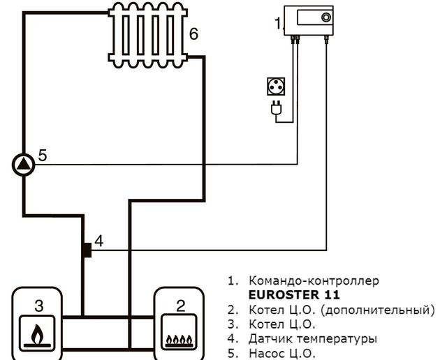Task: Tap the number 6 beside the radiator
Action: coord(193,34)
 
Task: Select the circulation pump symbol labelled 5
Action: coord(24,165)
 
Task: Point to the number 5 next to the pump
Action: coord(43,156)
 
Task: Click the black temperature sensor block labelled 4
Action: coord(87,249)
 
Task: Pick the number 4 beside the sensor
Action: coord(99,241)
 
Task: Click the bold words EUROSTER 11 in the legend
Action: coord(294,294)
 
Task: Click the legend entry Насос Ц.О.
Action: coord(282,353)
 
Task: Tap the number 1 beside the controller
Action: coord(277,24)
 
